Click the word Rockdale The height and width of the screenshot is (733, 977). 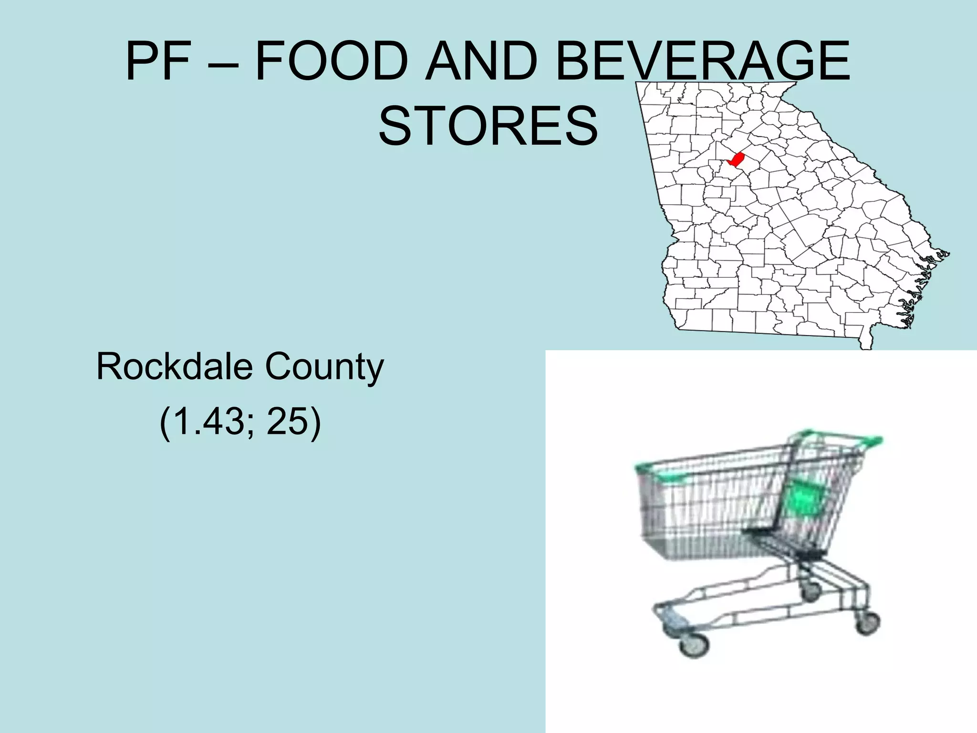175,366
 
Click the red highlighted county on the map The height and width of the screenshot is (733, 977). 737,159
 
